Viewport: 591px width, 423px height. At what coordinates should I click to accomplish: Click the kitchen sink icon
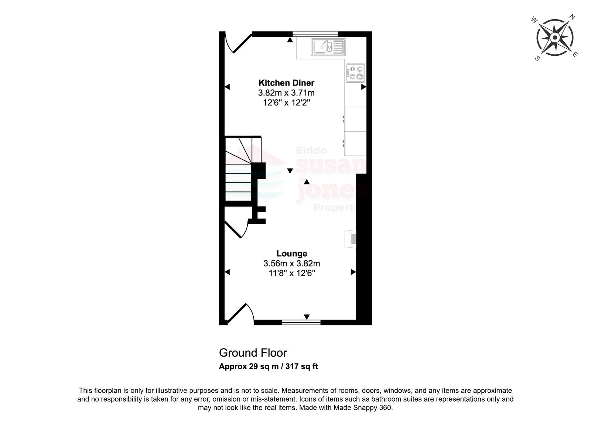[328, 47]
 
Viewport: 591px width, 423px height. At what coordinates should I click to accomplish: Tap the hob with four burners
[355, 73]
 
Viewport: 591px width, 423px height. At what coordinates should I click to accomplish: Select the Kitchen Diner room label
[286, 83]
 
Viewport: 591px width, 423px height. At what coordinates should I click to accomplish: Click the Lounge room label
[292, 253]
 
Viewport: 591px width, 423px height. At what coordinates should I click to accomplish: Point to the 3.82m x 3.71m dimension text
[286, 93]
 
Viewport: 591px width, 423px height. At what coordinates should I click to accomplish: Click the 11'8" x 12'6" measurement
[292, 273]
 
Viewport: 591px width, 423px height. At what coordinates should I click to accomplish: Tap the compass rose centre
[555, 38]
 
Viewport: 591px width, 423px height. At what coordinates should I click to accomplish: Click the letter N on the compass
[572, 17]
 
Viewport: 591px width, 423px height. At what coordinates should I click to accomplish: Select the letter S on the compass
[537, 58]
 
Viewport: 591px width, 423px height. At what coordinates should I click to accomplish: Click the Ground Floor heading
[253, 353]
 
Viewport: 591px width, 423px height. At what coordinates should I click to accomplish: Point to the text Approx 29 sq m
[249, 366]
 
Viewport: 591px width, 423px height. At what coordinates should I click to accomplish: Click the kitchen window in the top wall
[315, 34]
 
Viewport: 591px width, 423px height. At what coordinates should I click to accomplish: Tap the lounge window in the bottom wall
[301, 322]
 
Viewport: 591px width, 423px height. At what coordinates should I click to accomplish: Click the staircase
[243, 169]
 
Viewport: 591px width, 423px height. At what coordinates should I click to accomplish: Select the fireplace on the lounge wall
[350, 239]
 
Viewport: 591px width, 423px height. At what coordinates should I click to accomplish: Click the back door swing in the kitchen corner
[238, 44]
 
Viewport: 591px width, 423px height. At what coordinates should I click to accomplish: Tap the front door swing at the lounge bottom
[240, 313]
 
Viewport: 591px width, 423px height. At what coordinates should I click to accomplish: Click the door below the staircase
[236, 229]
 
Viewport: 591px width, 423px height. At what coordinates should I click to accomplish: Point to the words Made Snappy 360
[363, 408]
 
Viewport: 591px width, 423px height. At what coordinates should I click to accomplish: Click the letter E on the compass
[575, 55]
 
